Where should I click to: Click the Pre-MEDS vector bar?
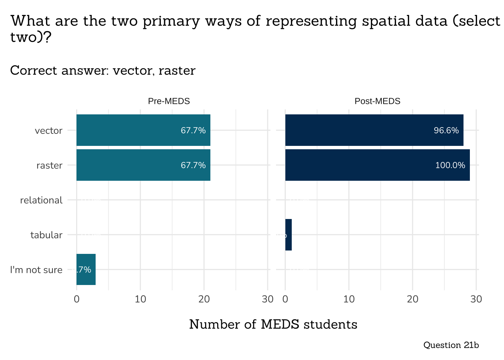[143, 130]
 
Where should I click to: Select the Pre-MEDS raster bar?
[143, 165]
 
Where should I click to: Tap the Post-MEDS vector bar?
[374, 130]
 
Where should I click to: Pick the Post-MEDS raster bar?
[377, 165]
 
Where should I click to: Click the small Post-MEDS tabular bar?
[288, 235]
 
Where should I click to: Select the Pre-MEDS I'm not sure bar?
[86, 269]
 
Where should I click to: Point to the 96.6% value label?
[446, 130]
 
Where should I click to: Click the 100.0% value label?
[450, 165]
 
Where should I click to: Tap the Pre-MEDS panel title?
[169, 101]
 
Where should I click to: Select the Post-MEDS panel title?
[377, 101]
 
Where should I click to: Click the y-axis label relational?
[41, 200]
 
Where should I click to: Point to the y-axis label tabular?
[46, 235]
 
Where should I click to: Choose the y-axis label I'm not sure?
[36, 270]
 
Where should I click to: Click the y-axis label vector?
[48, 131]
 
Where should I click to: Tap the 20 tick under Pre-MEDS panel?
[204, 299]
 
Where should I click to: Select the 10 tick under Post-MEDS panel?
[349, 299]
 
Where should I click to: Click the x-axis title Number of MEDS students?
[273, 324]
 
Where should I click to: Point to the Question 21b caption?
[451, 345]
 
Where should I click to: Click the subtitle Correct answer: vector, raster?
[103, 70]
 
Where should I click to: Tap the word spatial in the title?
[384, 21]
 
